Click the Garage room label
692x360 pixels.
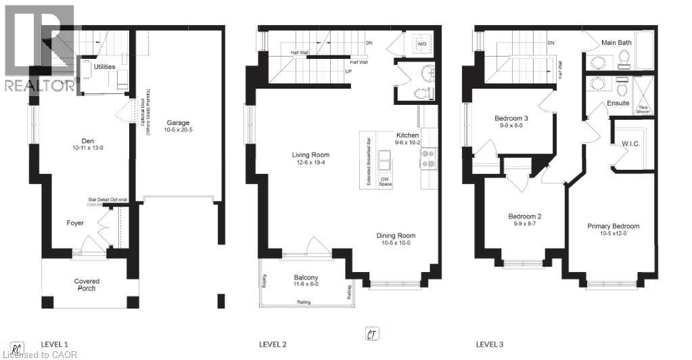coord(179,124)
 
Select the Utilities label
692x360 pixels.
coord(104,67)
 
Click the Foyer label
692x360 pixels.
coord(75,223)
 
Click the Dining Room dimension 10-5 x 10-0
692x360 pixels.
coord(395,244)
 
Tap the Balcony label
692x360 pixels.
coord(306,277)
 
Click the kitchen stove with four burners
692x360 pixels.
coord(428,159)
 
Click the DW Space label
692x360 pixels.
coord(386,181)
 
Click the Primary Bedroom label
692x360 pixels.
coord(613,226)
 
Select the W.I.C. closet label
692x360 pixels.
coord(630,143)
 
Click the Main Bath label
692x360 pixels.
coord(616,43)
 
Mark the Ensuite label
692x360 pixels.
coord(618,104)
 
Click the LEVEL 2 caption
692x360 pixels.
coord(273,344)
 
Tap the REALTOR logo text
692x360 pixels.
coord(39,85)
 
